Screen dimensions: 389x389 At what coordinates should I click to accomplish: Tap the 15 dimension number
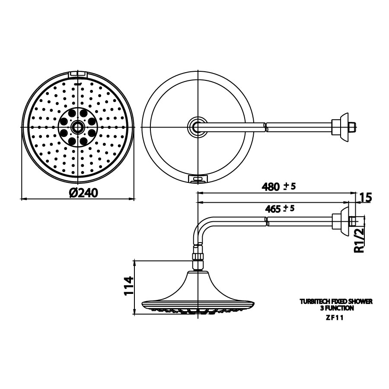pos(366,198)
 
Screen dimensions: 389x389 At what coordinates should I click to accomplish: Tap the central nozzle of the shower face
pos(78,126)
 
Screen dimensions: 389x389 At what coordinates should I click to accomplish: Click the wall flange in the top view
pos(344,126)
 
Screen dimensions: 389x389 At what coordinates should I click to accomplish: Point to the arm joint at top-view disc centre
pos(197,126)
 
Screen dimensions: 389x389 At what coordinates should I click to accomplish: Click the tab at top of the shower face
pos(78,74)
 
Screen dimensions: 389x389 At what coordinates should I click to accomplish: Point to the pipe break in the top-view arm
pos(265,126)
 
